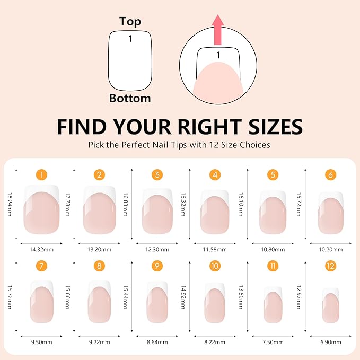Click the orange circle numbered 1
click(x=42, y=174)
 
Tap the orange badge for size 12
click(x=331, y=266)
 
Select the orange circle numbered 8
click(x=99, y=266)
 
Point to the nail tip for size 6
click(x=330, y=212)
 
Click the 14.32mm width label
click(x=42, y=249)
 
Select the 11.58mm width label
click(x=215, y=249)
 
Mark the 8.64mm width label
click(x=157, y=344)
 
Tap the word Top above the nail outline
click(x=130, y=21)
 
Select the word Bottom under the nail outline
click(x=130, y=98)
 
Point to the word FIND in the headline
click(x=84, y=127)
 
